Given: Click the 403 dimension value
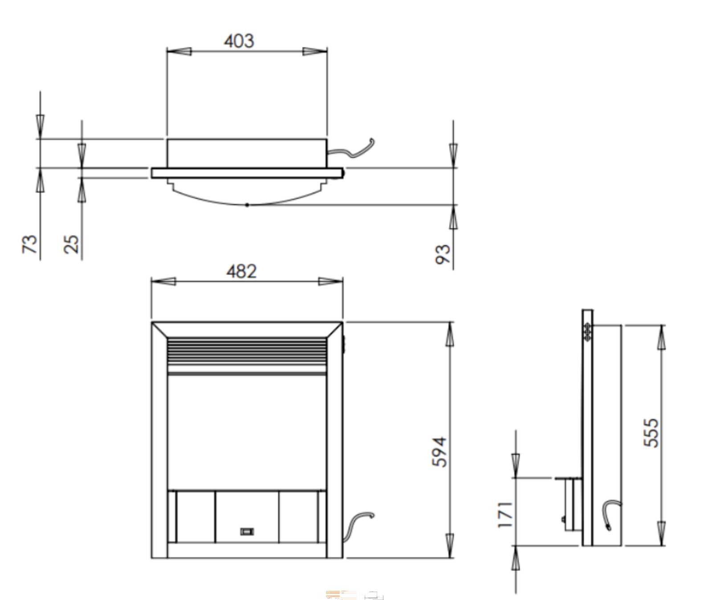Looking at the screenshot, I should point(239,41).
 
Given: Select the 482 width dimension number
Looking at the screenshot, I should point(241,271).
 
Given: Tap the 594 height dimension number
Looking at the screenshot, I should point(439,452).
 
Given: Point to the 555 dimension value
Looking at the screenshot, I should point(651,432).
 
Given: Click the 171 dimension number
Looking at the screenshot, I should point(505,515).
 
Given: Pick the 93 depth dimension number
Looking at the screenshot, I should point(443,254).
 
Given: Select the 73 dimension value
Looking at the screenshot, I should point(30,244).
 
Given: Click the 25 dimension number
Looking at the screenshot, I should point(71,244).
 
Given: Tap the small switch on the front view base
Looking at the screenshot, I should point(247,531).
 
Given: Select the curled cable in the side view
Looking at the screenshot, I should point(610,513).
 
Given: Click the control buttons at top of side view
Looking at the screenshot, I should point(587,332).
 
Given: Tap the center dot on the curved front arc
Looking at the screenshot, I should point(247,205).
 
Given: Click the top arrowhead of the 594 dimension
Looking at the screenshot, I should point(450,334).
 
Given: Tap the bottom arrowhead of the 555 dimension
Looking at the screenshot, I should point(661,533).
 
